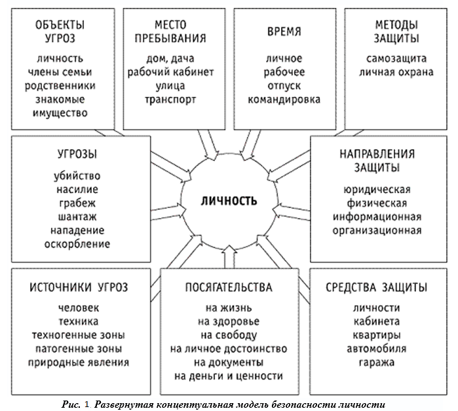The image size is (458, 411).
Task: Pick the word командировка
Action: tap(284, 100)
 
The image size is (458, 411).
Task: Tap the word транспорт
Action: tap(170, 100)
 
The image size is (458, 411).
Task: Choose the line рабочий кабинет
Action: tap(170, 73)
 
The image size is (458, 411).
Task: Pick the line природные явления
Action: tap(78, 361)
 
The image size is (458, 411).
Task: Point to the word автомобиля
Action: tap(377, 348)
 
